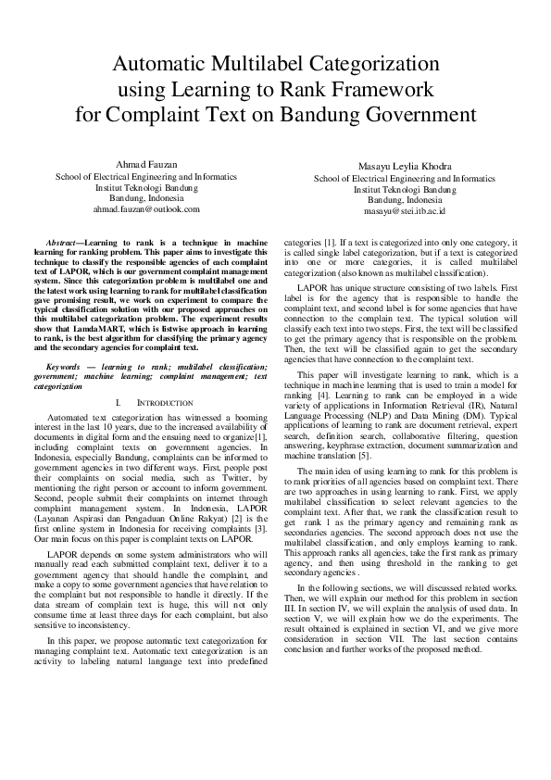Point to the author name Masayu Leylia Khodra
click(x=405, y=167)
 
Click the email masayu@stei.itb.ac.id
click(x=405, y=211)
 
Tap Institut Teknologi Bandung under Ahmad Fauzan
click(x=145, y=186)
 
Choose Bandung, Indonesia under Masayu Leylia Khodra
click(x=405, y=200)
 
